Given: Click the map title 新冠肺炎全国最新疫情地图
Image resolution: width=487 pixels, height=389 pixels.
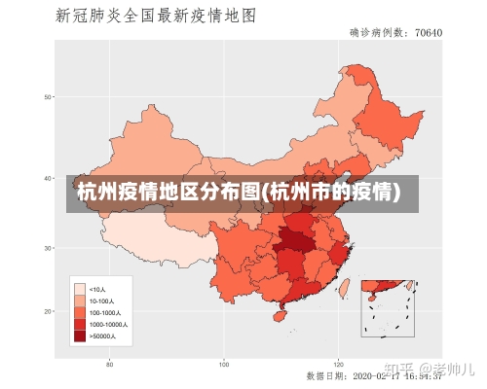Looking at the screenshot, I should [x=155, y=17].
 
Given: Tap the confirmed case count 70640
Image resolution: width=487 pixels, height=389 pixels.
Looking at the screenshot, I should [x=429, y=33].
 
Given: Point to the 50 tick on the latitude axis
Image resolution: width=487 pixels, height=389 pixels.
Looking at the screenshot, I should [x=47, y=96].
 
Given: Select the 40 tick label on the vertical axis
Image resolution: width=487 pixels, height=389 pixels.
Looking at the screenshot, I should [x=47, y=178].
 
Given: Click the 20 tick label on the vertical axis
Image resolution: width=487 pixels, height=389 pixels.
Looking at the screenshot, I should [x=47, y=311].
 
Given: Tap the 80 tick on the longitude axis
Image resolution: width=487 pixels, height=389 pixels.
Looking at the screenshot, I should [x=110, y=364].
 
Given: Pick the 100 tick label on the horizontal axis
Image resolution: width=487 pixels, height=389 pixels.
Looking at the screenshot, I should [x=224, y=364].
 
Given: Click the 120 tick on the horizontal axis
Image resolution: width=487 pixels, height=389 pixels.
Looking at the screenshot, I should [x=338, y=364].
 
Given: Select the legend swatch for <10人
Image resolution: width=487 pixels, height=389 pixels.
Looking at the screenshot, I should [x=79, y=289].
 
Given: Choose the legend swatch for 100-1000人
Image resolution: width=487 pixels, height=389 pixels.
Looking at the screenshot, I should [x=79, y=312].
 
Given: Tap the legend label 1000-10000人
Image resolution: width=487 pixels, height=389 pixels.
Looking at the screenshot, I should [x=107, y=324].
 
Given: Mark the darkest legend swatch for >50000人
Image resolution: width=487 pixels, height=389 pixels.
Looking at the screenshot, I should [x=79, y=336].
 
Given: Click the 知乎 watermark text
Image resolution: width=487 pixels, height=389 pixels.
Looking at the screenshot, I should [x=396, y=369].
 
